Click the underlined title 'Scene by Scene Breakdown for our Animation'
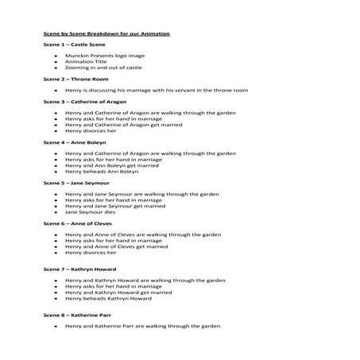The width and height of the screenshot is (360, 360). [x=106, y=33]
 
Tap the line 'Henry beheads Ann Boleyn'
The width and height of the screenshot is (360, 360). [x=102, y=171]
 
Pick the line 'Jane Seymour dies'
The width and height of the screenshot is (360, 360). [x=91, y=211]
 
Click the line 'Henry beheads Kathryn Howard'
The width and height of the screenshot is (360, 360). [x=108, y=298]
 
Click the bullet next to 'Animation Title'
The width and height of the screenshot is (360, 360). [x=56, y=62]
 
